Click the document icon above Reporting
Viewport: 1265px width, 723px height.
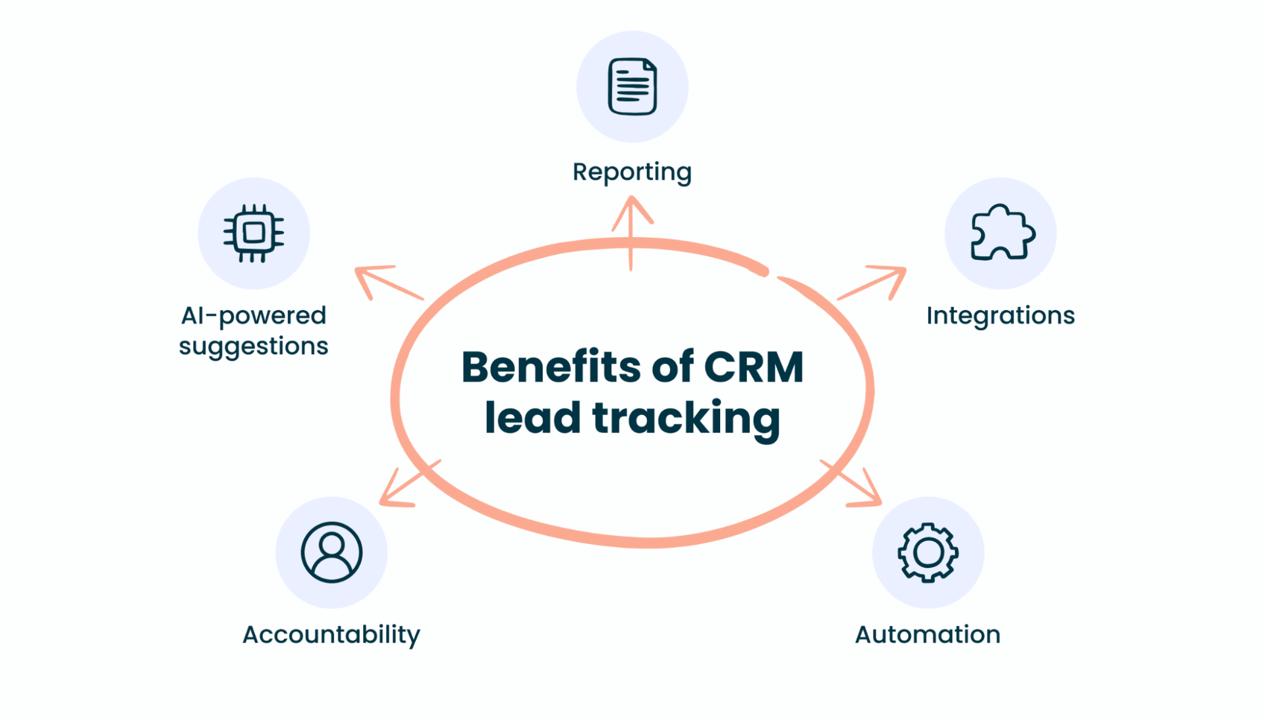tap(632, 86)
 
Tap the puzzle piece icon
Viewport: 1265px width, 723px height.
tap(1001, 232)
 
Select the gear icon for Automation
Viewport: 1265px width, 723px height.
tap(928, 552)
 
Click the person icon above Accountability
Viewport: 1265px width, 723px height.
tap(331, 552)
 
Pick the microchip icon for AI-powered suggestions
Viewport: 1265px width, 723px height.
tap(254, 232)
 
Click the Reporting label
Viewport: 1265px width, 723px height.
tap(632, 172)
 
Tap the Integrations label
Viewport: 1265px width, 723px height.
tap(1000, 315)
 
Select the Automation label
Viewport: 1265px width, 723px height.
tap(928, 634)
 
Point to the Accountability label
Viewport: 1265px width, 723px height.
tap(331, 635)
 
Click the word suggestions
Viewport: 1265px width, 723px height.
tap(254, 346)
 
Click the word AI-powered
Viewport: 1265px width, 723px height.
tap(254, 316)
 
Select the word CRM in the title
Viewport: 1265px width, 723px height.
tap(754, 367)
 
